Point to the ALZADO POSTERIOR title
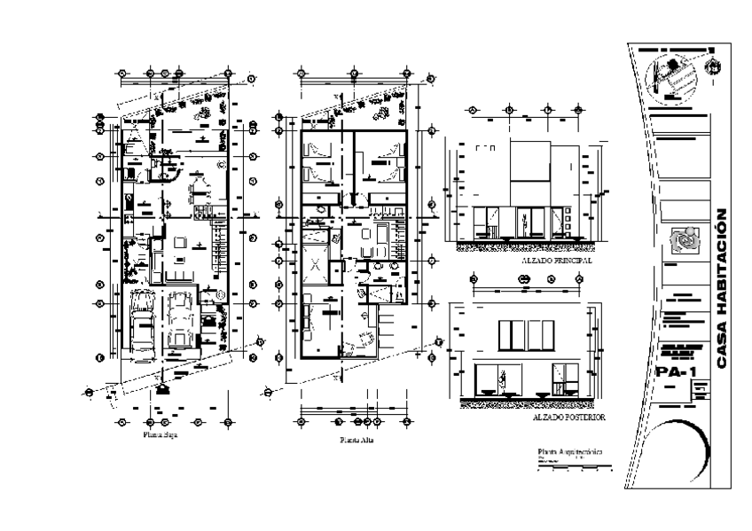point(568,415)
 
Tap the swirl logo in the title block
point(682,238)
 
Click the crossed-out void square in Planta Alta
point(316,262)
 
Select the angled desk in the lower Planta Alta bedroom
point(363,340)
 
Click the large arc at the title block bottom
point(674,452)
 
